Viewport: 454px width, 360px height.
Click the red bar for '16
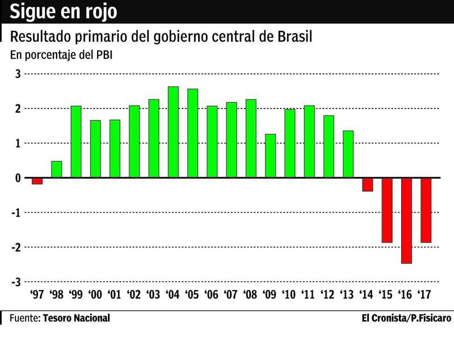coord(406,220)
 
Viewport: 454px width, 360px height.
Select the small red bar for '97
coord(37,181)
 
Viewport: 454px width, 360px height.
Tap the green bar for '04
coord(173,132)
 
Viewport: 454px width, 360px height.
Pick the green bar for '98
coord(56,169)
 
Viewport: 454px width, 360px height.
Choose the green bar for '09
coord(270,156)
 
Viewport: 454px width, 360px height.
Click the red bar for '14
coord(367,185)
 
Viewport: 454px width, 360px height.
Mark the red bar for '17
coord(426,210)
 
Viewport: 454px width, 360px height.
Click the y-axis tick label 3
coord(18,74)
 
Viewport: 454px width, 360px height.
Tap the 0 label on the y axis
coord(18,178)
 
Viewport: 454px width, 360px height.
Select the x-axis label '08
coord(250,295)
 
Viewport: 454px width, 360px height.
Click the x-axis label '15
coord(386,295)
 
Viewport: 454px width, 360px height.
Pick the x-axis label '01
coord(115,295)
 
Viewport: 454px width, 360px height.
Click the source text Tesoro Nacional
coord(76,318)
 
